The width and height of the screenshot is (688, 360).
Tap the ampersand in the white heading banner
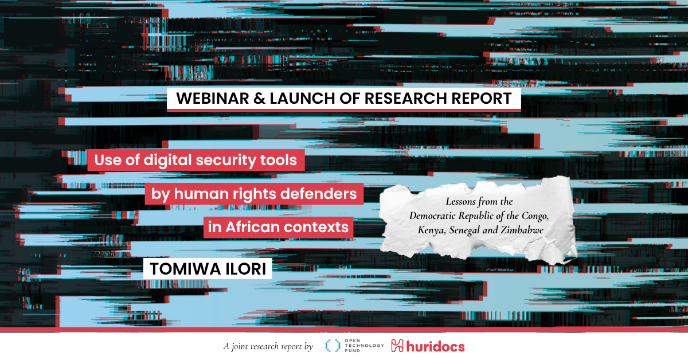260,98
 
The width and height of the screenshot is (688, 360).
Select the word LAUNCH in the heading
303,98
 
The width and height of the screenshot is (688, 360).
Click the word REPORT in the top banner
482,98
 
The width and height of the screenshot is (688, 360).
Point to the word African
252,228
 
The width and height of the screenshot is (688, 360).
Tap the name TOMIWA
185,269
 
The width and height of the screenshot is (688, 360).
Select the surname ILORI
246,269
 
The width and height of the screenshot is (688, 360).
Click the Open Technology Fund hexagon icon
333,346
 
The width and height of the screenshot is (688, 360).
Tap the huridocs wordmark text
436,346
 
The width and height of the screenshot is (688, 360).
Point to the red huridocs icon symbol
397,346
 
